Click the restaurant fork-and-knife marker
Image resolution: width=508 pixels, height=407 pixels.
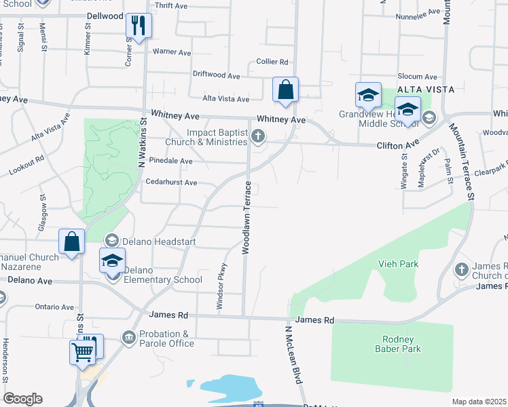pyautogui.click(x=139, y=26)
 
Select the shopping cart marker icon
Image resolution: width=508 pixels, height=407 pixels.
pyautogui.click(x=82, y=351)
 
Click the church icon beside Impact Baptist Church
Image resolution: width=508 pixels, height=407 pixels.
pyautogui.click(x=257, y=137)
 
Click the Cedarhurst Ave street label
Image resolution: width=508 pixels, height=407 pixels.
pyautogui.click(x=171, y=182)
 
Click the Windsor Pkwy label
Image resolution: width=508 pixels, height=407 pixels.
pyautogui.click(x=220, y=287)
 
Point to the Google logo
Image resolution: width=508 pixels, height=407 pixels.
pyautogui.click(x=22, y=399)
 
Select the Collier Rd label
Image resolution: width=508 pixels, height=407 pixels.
pyautogui.click(x=272, y=62)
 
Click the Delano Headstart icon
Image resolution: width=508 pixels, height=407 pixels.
pyautogui.click(x=112, y=241)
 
